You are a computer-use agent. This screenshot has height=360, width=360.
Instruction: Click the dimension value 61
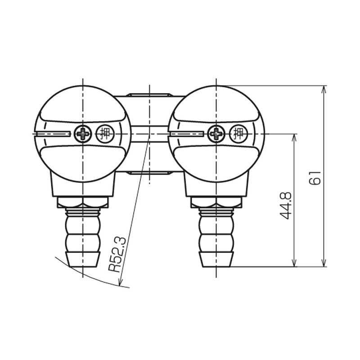pyautogui.click(x=315, y=178)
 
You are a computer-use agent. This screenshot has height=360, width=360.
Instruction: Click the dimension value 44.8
pyautogui.click(x=286, y=206)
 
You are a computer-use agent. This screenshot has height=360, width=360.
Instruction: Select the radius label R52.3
pyautogui.click(x=117, y=254)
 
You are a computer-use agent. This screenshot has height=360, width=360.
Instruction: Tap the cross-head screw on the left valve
pyautogui.click(x=83, y=134)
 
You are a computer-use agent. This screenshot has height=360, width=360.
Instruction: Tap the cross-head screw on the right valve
pyautogui.click(x=216, y=134)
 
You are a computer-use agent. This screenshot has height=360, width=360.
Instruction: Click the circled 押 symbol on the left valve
pyautogui.click(x=105, y=134)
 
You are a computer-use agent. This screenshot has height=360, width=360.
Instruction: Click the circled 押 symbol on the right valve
pyautogui.click(x=238, y=134)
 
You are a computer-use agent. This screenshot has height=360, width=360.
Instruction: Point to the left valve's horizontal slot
pyautogui.click(x=53, y=134)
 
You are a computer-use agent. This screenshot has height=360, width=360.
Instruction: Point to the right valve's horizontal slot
pyautogui.click(x=186, y=134)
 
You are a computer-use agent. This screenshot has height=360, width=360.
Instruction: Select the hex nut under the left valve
pyautogui.click(x=83, y=202)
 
